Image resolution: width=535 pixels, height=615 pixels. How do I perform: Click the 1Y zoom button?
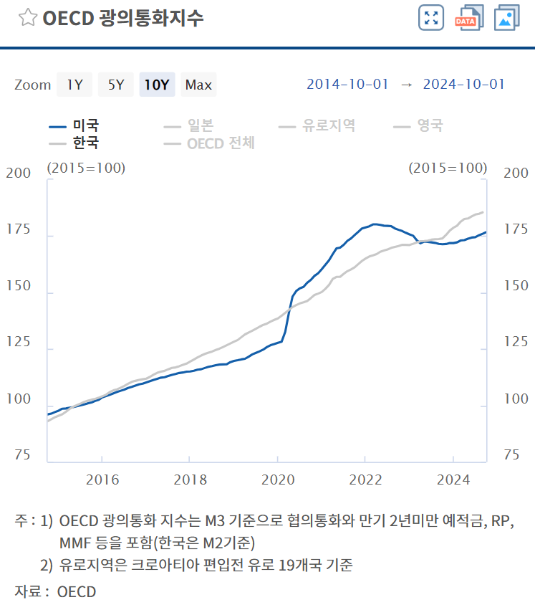(74, 85)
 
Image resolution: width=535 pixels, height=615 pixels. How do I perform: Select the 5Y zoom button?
(116, 85)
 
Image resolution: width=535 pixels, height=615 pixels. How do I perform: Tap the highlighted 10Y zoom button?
(157, 85)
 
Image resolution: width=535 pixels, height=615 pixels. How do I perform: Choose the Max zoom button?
(198, 85)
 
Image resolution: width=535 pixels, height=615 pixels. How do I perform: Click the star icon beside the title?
(27, 18)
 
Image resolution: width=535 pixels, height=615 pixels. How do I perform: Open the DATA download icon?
(469, 18)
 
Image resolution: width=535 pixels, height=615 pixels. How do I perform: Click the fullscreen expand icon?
(431, 18)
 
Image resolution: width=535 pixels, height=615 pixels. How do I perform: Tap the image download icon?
(506, 18)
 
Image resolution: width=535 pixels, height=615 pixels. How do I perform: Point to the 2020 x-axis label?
(278, 480)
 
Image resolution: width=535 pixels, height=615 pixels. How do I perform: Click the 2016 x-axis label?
(102, 480)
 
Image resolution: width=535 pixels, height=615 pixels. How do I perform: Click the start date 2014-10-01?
(347, 85)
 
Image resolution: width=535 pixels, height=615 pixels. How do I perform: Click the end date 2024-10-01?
(464, 85)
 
